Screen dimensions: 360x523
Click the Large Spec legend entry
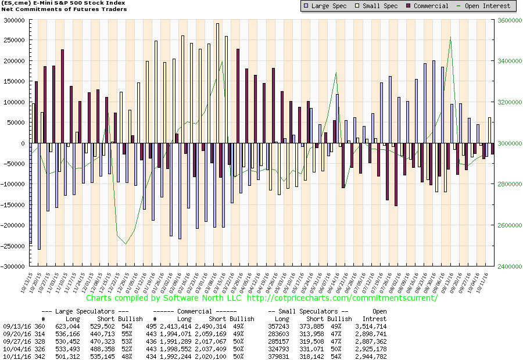pos(328,6)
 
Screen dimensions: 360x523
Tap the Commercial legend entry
pos(430,6)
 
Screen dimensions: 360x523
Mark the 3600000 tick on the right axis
pos(508,20)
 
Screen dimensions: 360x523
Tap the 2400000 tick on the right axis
pos(508,267)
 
